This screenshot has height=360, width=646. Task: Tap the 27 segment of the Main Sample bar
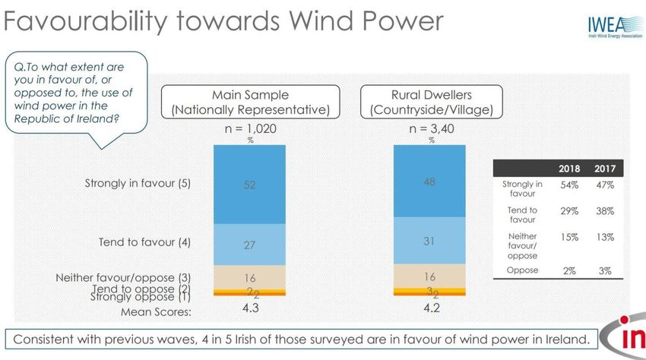250,245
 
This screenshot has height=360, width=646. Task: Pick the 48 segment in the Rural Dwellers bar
429,182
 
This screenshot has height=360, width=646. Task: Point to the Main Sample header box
250,102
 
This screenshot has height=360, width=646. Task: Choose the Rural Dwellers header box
429,102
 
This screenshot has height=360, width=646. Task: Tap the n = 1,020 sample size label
250,129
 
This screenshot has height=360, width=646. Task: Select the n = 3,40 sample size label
429,129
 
